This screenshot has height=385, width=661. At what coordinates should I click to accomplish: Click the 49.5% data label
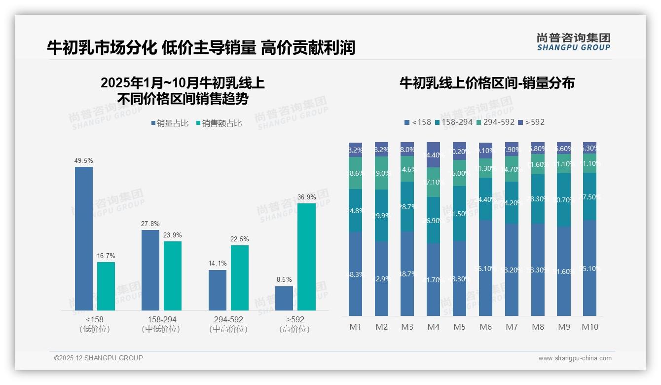(x=84, y=161)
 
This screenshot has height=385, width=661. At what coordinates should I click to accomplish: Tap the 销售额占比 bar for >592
(x=306, y=257)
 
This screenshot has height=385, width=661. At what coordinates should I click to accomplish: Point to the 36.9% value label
(x=306, y=197)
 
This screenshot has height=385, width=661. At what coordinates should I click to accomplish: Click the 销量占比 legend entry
(x=170, y=123)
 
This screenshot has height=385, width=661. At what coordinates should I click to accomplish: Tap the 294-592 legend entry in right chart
(x=495, y=122)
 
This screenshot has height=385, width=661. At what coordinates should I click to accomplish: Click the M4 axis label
(x=433, y=327)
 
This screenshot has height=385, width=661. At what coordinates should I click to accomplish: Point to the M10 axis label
(x=589, y=327)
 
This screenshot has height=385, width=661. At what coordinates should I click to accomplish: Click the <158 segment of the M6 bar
(x=485, y=268)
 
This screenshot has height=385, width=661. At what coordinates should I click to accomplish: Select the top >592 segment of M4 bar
(x=433, y=154)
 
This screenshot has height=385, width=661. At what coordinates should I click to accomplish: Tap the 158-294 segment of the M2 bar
(x=381, y=215)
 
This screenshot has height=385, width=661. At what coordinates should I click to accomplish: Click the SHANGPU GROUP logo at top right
(x=573, y=42)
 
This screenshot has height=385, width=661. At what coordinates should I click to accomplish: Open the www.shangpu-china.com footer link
(x=575, y=358)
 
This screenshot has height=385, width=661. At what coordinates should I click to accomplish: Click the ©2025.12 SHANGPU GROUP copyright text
(x=99, y=358)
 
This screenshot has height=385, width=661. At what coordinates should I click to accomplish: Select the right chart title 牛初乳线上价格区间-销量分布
(x=487, y=83)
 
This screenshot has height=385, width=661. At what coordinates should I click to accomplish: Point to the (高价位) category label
(x=294, y=329)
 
